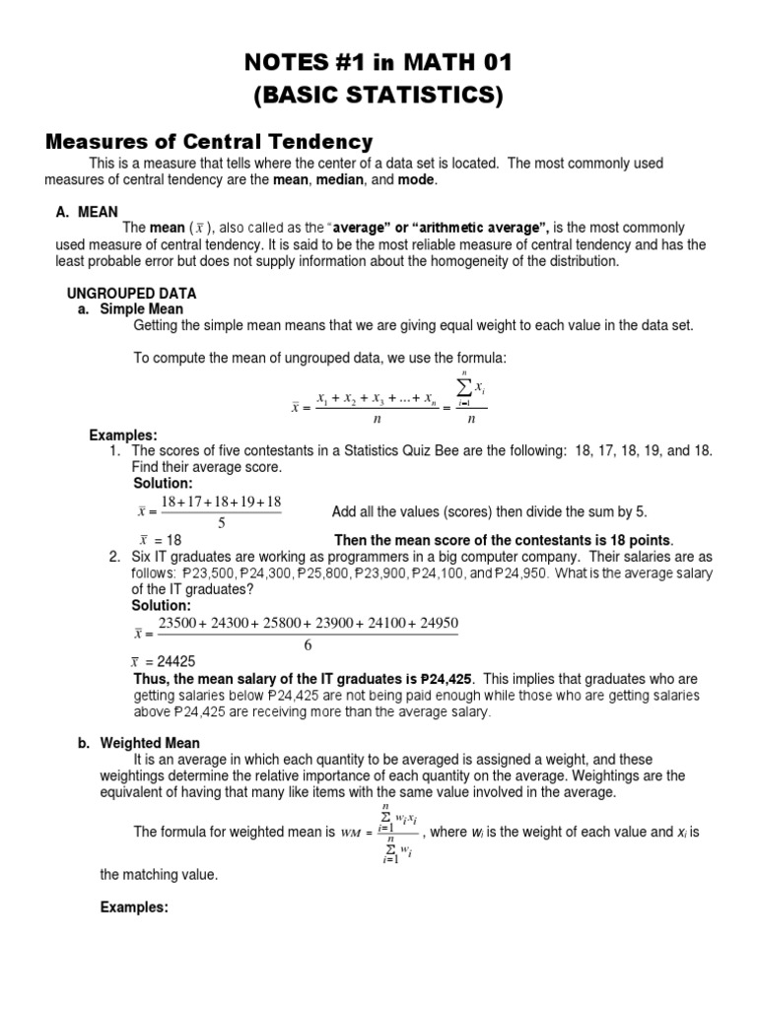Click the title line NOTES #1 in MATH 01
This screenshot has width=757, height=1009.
pyautogui.click(x=378, y=64)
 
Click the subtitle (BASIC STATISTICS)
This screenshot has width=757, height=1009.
pyautogui.click(x=378, y=96)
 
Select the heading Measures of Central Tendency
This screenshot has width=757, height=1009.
pyautogui.click(x=209, y=141)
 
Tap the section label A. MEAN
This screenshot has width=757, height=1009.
pyautogui.click(x=87, y=211)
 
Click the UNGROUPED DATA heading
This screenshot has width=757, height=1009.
pyautogui.click(x=131, y=294)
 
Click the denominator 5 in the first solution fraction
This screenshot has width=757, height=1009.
pyautogui.click(x=221, y=522)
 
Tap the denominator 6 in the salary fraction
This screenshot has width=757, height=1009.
pyautogui.click(x=308, y=644)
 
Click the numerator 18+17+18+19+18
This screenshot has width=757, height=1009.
pyautogui.click(x=221, y=502)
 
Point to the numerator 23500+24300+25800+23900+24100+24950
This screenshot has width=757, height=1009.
pyautogui.click(x=308, y=624)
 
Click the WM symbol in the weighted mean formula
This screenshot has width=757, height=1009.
pyautogui.click(x=351, y=833)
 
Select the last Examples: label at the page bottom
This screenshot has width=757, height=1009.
pyautogui.click(x=135, y=908)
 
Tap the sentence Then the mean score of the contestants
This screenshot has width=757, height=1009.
pyautogui.click(x=504, y=540)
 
